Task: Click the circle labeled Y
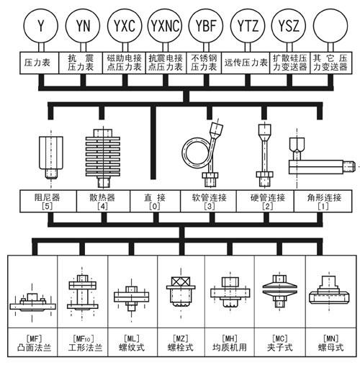pyautogui.click(x=41, y=27)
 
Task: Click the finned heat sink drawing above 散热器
pyautogui.click(x=102, y=153)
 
